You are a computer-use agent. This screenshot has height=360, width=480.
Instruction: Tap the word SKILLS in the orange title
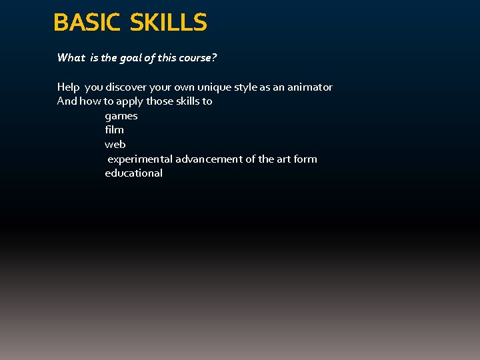coord(169,23)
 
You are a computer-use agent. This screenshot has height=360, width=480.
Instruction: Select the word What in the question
coord(71,58)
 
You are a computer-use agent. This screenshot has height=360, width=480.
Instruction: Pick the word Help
coord(68,87)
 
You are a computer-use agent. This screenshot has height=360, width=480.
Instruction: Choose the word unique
coord(226,87)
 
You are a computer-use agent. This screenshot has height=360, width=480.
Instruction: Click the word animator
coord(311,87)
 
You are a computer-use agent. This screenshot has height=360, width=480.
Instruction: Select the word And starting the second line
coord(67,101)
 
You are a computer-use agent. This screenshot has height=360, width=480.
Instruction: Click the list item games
coord(121,116)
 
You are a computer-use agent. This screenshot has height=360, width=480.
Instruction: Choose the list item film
coord(114,130)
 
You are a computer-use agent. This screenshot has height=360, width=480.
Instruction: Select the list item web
coord(115,145)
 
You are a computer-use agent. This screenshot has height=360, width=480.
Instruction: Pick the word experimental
coord(140,159)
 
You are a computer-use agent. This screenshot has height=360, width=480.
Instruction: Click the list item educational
coord(133,173)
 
